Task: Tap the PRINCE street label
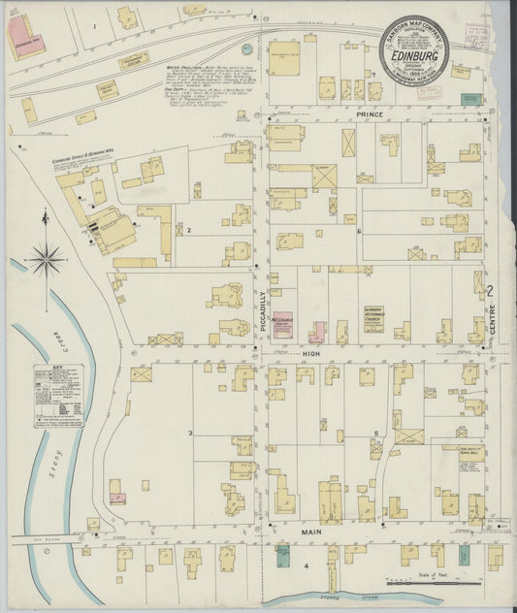pos(369,115)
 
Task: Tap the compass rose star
pos(46,259)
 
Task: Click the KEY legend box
pos(58,396)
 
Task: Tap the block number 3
pos(191,433)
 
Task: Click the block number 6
pos(358,231)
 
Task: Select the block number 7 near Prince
pos(372,74)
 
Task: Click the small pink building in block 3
pos(118,498)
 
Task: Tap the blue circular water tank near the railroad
pos(246,48)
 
